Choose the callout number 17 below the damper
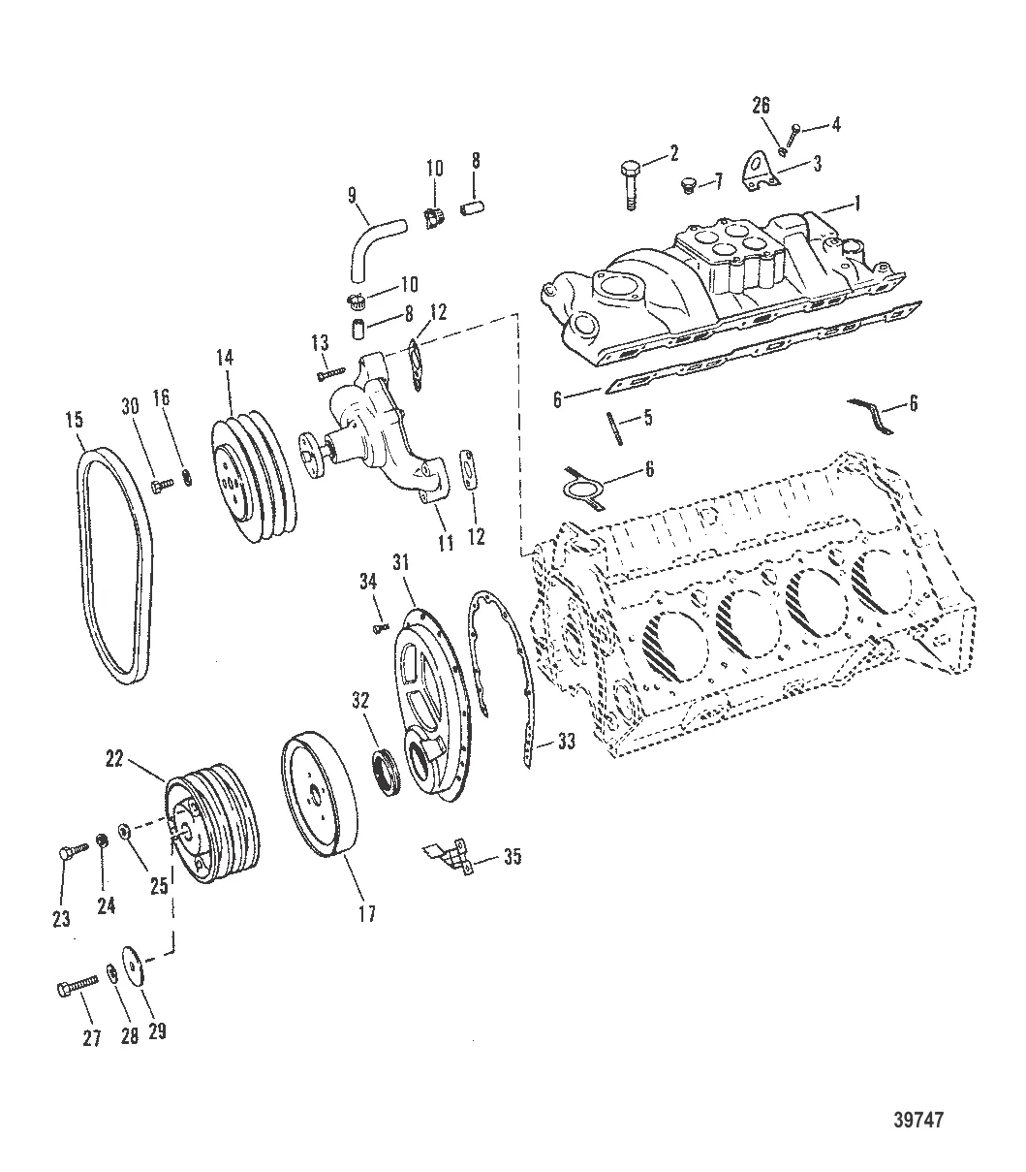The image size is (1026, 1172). pyautogui.click(x=367, y=913)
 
